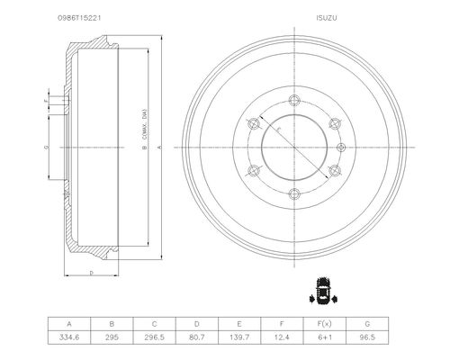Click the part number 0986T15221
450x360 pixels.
(x=79, y=18)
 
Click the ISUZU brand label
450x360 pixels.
(x=327, y=18)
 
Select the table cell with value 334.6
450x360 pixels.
(x=69, y=337)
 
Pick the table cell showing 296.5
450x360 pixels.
(x=154, y=337)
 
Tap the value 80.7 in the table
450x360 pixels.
(x=197, y=337)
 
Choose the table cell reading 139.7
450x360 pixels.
(x=239, y=337)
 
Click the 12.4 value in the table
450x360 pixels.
(x=282, y=337)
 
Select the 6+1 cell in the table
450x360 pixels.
(x=325, y=337)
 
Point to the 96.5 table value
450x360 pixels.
(x=367, y=337)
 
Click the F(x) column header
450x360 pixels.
(x=325, y=324)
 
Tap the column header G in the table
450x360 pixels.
(x=367, y=324)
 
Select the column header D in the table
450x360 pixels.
(x=197, y=324)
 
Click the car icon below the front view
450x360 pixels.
(x=323, y=291)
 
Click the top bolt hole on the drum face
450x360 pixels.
(x=294, y=100)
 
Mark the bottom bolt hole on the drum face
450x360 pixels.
(x=294, y=194)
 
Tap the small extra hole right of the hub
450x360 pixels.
(x=341, y=148)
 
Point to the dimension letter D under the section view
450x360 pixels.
(x=92, y=273)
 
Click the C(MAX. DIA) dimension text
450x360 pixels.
(x=144, y=123)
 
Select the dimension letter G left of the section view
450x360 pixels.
(x=47, y=147)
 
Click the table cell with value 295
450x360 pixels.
(x=112, y=337)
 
